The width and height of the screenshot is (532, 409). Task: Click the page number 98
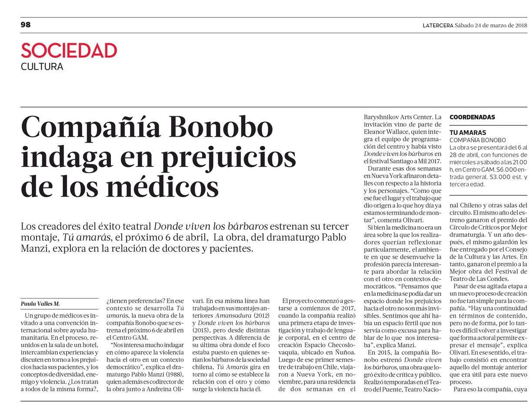(x=26, y=25)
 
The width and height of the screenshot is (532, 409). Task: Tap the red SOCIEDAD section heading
(x=69, y=51)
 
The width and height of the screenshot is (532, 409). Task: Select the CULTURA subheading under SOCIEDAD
(x=42, y=67)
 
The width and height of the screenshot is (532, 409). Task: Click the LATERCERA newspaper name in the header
(x=438, y=25)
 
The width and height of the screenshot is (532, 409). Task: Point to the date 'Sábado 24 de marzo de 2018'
(x=491, y=25)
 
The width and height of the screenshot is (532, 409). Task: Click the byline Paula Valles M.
(x=40, y=304)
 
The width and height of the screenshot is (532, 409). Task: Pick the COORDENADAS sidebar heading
(x=472, y=117)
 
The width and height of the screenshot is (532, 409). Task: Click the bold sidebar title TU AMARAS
(x=468, y=132)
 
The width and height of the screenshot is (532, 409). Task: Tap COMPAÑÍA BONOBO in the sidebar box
(x=477, y=140)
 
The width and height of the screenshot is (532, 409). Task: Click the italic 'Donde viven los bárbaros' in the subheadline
(x=211, y=227)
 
